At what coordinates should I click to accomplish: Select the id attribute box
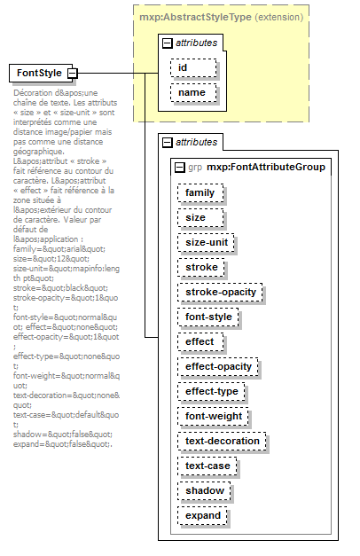pos(193,67)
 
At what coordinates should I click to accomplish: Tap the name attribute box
pos(193,92)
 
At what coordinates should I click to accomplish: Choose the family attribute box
pos(200,192)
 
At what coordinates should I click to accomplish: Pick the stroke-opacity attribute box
pos(221,292)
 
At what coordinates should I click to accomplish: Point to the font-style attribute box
pos(208,317)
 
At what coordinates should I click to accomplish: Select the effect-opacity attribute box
pos(219,366)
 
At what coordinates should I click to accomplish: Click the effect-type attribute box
pos(211,391)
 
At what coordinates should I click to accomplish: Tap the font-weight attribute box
pos(212,416)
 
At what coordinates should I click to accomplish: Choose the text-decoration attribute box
pos(223,441)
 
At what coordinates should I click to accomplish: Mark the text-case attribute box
pos(207,466)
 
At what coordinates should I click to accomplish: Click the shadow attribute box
pos(203,490)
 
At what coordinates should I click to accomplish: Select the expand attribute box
pos(203,515)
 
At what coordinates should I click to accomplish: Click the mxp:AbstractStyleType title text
pos(192,16)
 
